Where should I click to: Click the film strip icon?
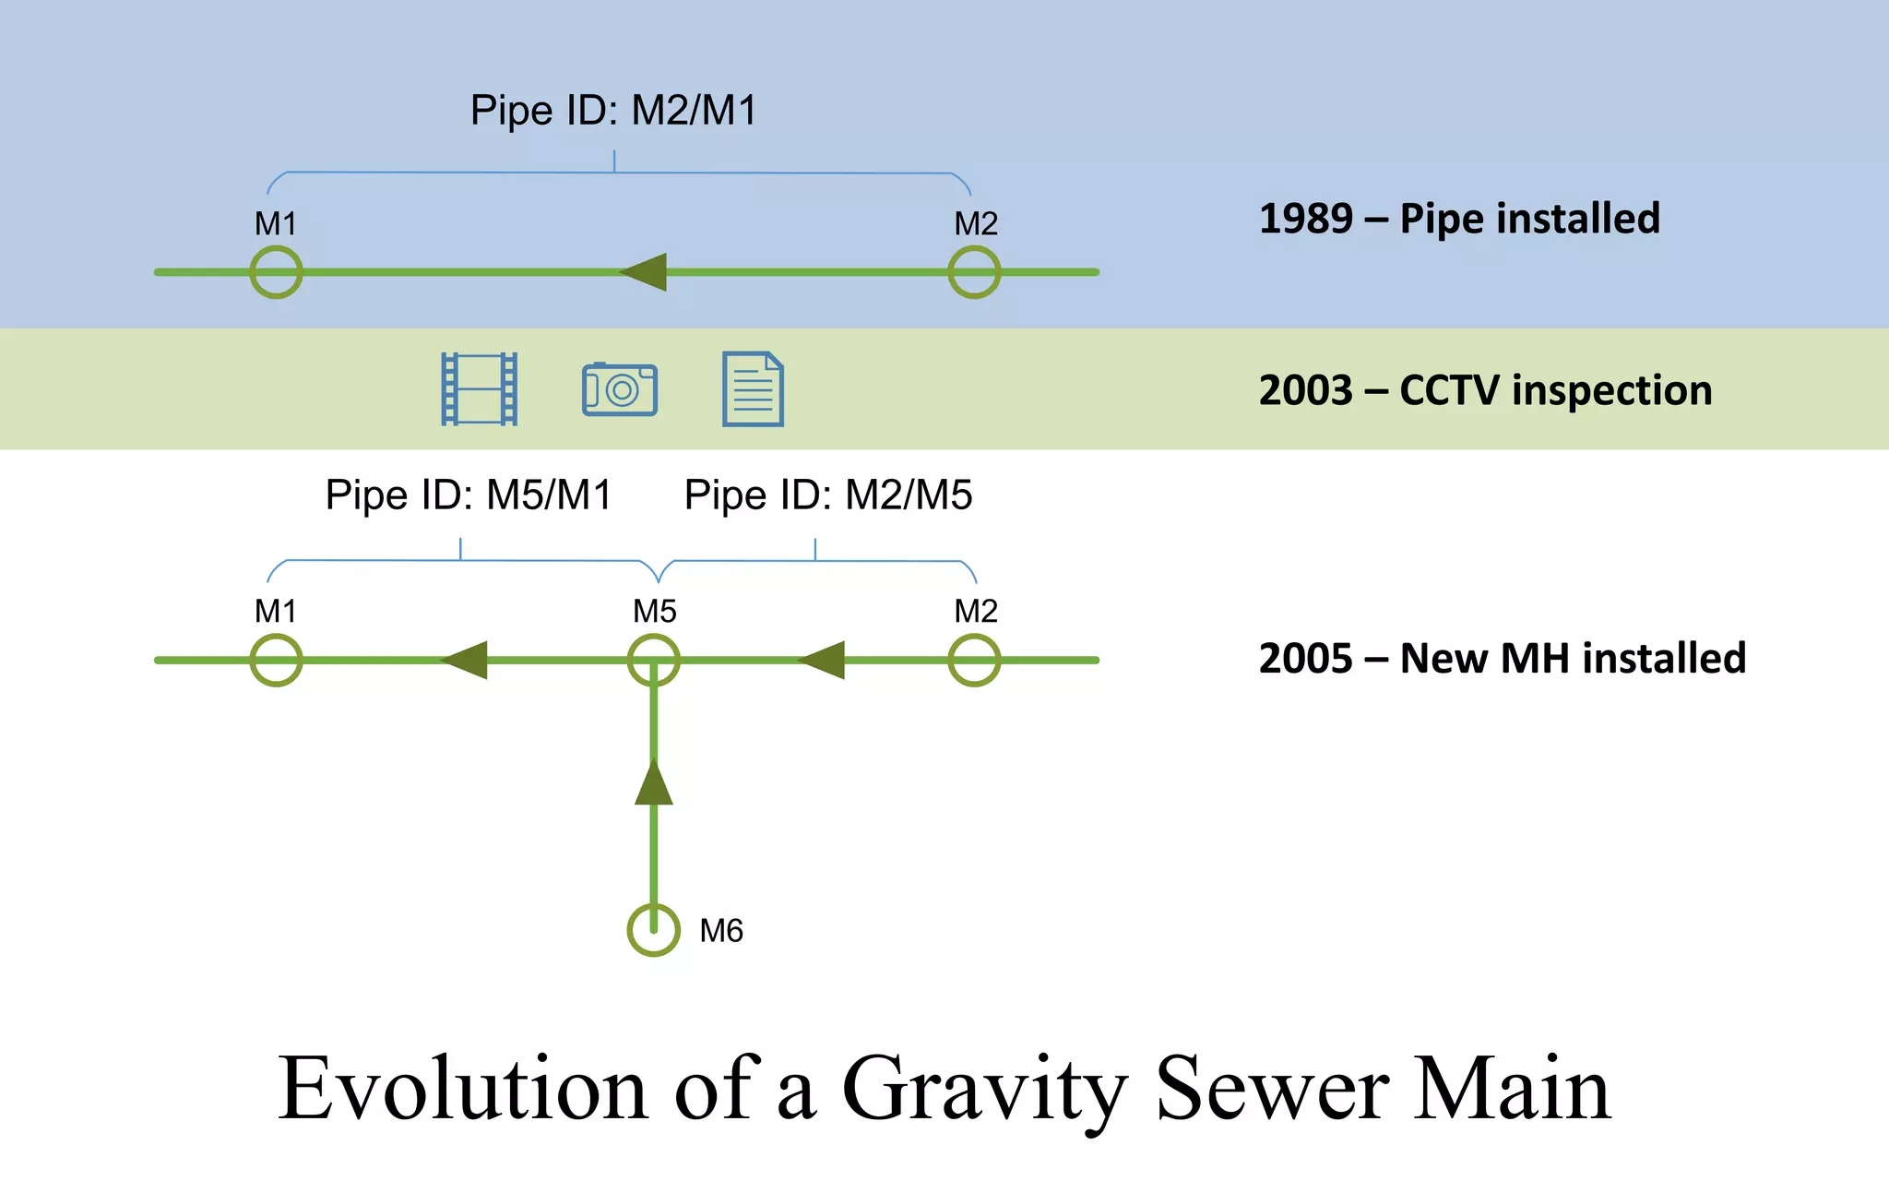click(x=479, y=389)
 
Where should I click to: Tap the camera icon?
click(x=620, y=389)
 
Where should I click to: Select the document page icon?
click(x=753, y=389)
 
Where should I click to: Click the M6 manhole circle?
click(x=653, y=930)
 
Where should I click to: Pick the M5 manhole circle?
click(x=653, y=661)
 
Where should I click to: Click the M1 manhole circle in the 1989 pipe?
click(x=276, y=272)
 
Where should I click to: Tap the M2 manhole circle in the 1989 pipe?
click(x=974, y=272)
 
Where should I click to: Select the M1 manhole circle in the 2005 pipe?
click(x=276, y=661)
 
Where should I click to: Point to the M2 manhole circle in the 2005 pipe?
click(x=974, y=661)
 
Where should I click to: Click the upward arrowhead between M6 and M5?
click(x=653, y=783)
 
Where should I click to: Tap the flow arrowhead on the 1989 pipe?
click(x=645, y=272)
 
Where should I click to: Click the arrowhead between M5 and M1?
click(x=466, y=661)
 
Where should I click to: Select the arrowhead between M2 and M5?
click(x=823, y=661)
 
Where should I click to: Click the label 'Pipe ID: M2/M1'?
click(x=613, y=111)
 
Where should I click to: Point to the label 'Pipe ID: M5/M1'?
click(x=469, y=495)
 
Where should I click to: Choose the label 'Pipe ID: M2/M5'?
click(x=827, y=495)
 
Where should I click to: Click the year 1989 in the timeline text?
click(x=1305, y=220)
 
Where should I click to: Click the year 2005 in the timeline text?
click(x=1305, y=659)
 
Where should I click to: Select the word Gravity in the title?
click(x=985, y=1091)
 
